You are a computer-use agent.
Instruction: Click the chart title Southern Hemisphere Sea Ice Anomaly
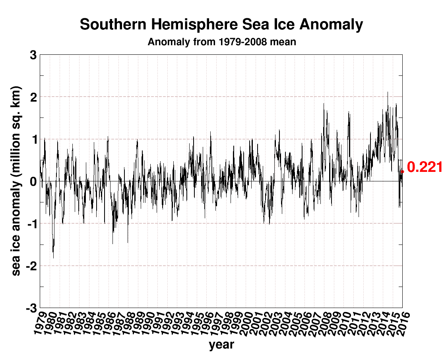[x=221, y=25]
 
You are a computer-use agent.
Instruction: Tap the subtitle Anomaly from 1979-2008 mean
[x=222, y=42]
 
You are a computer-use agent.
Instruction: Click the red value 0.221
[x=425, y=167]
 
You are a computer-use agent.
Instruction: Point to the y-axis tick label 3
[x=33, y=55]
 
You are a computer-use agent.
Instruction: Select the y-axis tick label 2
[x=33, y=97]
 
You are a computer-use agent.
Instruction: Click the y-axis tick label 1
[x=33, y=139]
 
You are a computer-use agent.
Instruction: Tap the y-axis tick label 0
[x=33, y=181]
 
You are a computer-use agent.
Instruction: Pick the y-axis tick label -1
[x=31, y=224]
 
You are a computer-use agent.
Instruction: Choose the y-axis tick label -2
[x=31, y=266]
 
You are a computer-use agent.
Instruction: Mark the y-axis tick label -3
[x=31, y=308]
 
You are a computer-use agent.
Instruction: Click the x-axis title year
[x=221, y=345]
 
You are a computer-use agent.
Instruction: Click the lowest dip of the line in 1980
[x=54, y=258]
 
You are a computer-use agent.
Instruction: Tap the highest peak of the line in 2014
[x=388, y=92]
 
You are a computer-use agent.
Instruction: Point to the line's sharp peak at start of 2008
[x=324, y=104]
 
